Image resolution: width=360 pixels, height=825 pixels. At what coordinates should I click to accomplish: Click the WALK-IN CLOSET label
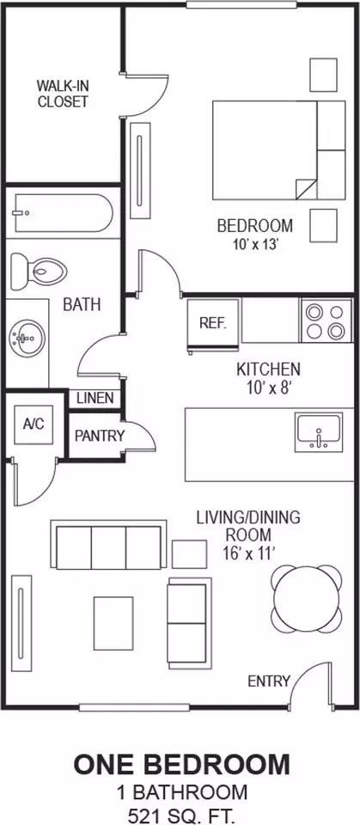63,93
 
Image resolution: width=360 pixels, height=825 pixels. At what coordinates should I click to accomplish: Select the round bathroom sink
27,337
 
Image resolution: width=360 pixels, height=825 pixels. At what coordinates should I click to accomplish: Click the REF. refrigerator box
214,322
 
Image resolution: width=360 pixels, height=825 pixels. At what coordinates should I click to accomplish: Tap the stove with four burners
326,321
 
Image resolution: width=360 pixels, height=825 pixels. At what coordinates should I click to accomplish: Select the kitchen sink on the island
319,432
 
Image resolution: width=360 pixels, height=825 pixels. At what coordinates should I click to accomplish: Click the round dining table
307,598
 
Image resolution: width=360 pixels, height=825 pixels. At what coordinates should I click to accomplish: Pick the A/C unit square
34,424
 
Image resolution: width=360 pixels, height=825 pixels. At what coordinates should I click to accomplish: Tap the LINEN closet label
95,398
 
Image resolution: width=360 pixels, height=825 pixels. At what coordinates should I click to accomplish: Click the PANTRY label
100,436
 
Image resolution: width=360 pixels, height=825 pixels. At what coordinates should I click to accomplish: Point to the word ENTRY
269,681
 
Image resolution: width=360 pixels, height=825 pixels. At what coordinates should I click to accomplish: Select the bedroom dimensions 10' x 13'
254,244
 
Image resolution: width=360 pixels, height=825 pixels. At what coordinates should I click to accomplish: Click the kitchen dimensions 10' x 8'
268,388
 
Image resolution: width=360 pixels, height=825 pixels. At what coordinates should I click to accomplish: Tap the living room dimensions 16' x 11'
248,553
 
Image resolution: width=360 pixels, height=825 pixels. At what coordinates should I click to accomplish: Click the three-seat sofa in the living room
108,545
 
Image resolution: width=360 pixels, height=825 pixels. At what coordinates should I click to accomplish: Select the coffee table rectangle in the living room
113,623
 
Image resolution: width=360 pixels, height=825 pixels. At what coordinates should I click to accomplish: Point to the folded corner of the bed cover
306,188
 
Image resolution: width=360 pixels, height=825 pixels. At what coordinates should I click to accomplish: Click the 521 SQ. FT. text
180,813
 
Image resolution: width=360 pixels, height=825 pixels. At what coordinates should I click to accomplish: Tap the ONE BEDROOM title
181,765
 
